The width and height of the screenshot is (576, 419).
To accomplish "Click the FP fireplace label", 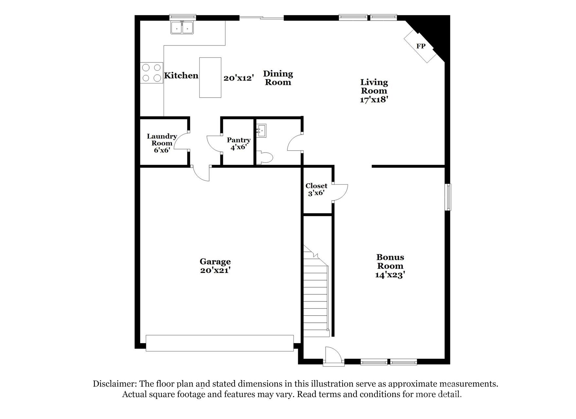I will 421,46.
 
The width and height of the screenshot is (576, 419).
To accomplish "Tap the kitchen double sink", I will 182,27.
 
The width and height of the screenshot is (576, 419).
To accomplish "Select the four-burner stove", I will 152,73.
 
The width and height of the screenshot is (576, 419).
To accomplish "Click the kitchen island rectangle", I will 210,78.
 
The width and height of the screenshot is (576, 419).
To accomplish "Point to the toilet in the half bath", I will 265,158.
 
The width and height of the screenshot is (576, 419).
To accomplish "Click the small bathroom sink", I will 261,131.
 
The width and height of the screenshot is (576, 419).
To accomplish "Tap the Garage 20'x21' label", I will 215,266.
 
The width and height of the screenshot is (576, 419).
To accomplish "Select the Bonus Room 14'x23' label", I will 390,266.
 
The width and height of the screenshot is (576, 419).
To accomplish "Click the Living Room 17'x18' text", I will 374,91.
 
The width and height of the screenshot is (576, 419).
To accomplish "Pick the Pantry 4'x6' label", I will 239,143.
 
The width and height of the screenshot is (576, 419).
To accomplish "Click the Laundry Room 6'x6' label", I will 162,143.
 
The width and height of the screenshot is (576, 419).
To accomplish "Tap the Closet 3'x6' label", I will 316,189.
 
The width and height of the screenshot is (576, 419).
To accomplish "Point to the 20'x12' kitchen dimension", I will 239,78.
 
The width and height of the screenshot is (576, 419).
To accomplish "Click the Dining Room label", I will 278,78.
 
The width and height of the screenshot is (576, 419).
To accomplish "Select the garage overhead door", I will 219,343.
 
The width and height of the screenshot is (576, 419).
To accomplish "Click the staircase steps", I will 316,295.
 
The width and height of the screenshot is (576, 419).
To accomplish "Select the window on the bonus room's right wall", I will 448,197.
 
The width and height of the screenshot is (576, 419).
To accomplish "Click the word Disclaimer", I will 115,384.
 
